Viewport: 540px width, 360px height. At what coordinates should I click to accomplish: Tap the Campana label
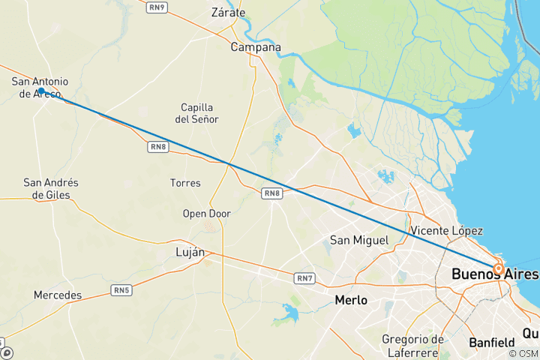tap(255, 47)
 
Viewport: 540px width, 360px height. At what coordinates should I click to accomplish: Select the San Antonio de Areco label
tap(40, 87)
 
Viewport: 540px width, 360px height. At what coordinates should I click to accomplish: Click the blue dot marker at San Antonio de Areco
tap(42, 91)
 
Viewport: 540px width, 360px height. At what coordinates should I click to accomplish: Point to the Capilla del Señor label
tap(196, 113)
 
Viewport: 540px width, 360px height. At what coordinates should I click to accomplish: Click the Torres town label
tap(185, 183)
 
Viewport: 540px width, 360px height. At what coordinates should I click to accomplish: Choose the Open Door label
tap(207, 214)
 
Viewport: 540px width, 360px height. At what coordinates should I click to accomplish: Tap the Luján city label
tap(189, 252)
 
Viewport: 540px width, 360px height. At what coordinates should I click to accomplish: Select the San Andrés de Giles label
tap(51, 188)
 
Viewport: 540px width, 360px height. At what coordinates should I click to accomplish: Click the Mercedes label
tap(58, 295)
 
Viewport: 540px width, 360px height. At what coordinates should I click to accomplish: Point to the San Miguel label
tap(360, 241)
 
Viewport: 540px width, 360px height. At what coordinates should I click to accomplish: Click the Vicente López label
tap(447, 230)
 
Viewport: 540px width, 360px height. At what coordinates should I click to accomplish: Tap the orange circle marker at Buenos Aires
tap(498, 268)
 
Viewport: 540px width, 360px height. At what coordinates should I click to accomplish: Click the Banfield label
tap(492, 343)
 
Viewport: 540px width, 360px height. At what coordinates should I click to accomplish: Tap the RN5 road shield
tap(121, 290)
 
